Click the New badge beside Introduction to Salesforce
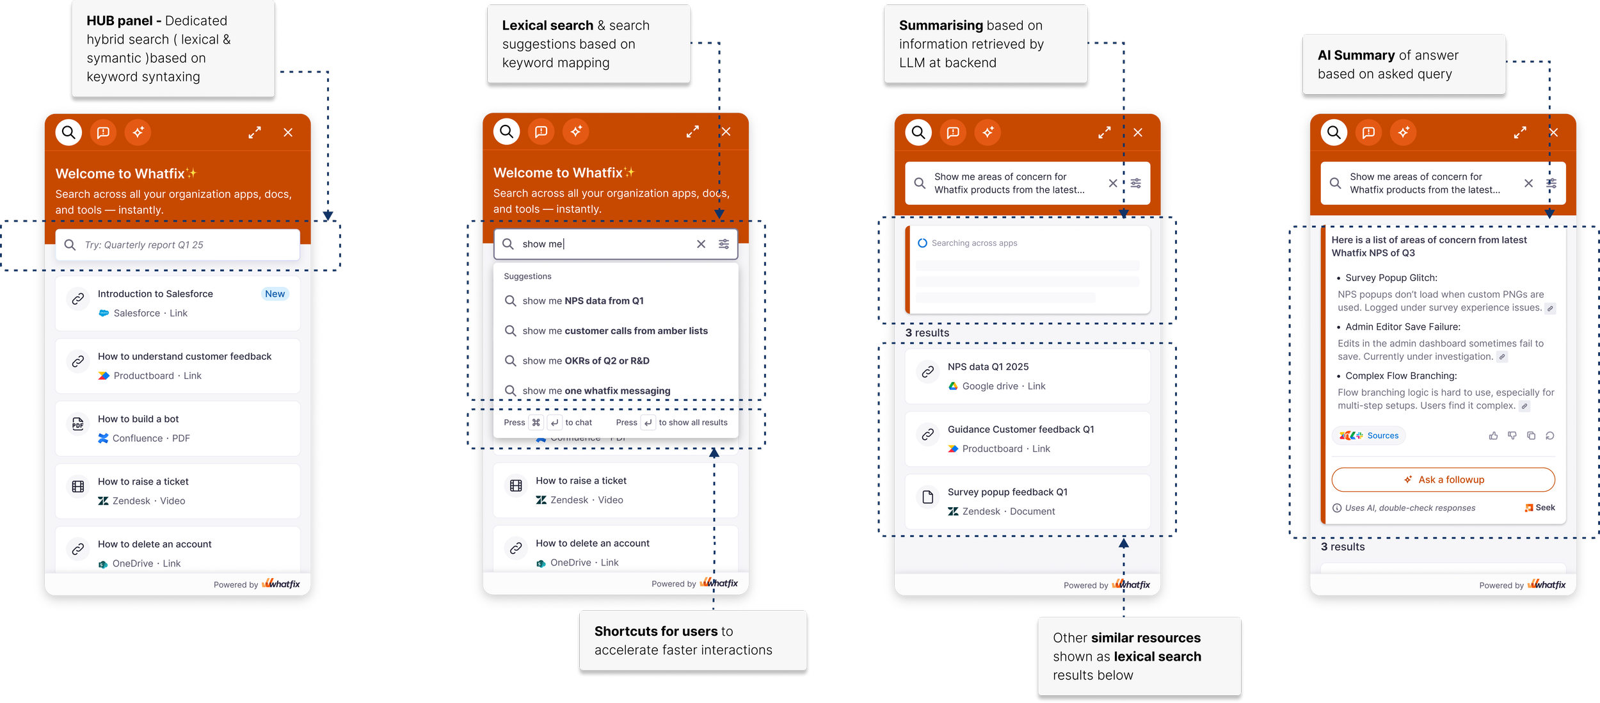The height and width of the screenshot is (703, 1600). coord(275,294)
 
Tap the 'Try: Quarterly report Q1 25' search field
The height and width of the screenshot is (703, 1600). coord(177,245)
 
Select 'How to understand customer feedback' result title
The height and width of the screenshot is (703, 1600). coord(184,357)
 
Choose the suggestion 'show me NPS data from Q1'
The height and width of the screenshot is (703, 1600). coord(582,301)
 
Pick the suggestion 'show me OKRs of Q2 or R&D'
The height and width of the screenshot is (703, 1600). coord(586,361)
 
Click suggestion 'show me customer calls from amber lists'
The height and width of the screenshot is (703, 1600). coord(614,331)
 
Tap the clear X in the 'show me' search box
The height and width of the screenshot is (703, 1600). coord(701,244)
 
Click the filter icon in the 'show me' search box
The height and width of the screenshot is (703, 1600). coord(724,244)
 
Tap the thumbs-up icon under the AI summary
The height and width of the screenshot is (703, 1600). coord(1493,436)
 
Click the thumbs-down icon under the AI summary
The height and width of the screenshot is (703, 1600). coord(1512,436)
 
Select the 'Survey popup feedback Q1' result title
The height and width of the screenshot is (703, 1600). coord(1007,492)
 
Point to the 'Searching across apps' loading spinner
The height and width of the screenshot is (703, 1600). coord(922,243)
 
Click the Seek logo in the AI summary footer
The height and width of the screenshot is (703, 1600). coord(1540,508)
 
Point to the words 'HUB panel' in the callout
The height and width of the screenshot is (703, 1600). coord(120,21)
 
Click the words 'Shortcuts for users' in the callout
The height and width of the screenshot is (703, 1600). coord(656,631)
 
